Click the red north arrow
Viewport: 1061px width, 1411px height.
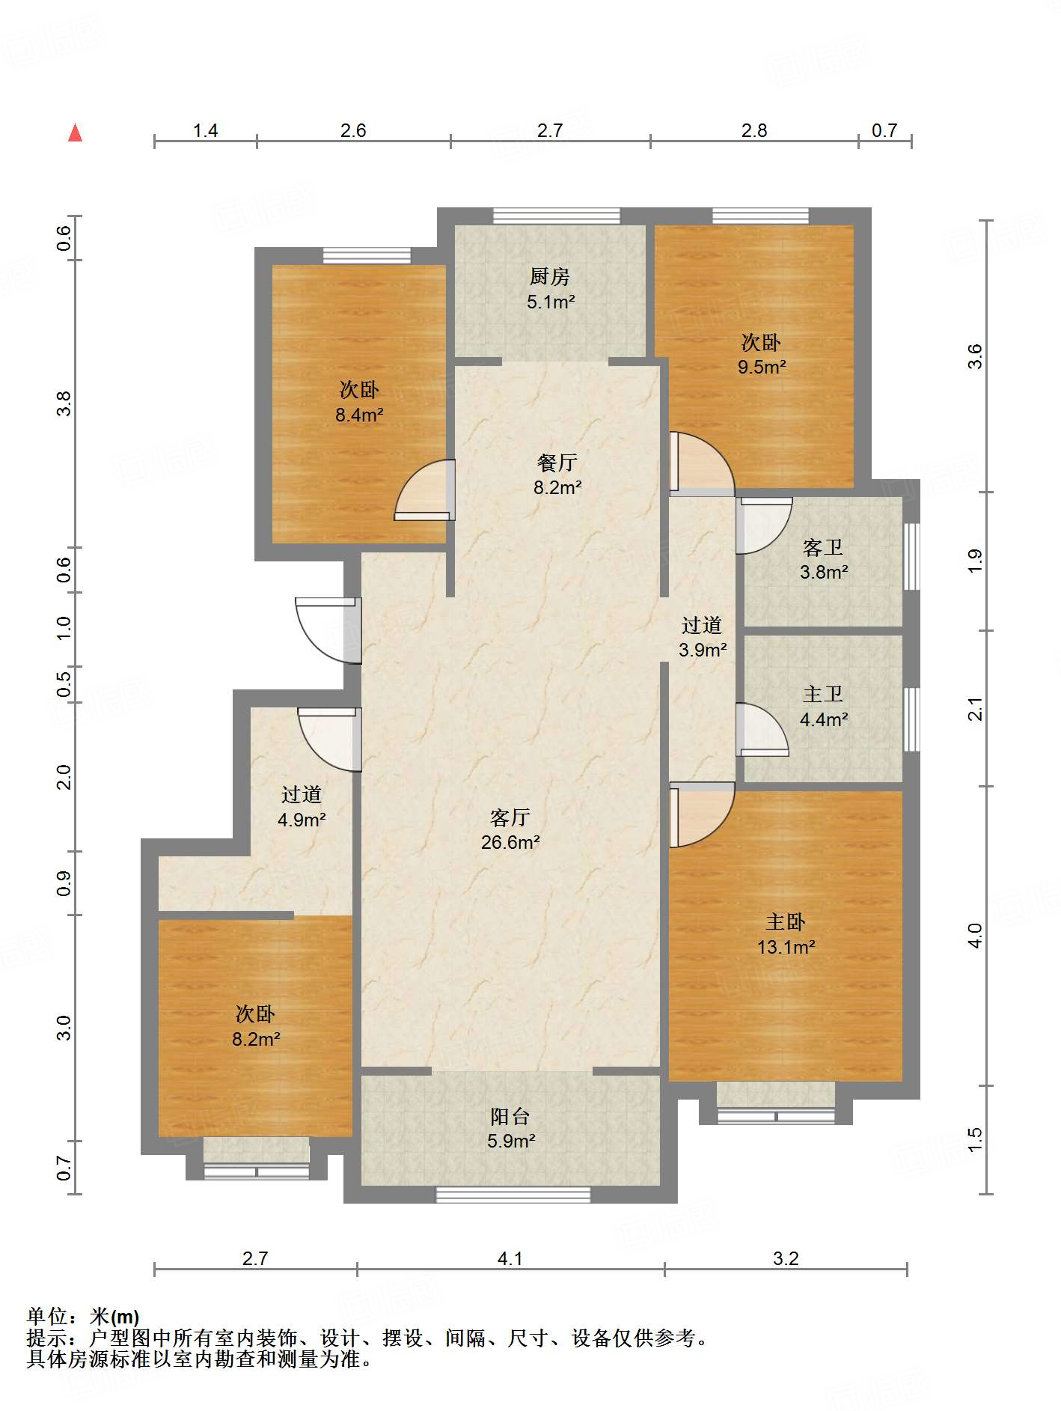75,132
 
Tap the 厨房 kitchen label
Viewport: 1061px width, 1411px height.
550,277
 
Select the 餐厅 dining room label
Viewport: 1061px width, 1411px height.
557,463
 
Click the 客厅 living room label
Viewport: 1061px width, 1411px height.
510,817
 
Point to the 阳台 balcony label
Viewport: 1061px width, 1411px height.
510,1117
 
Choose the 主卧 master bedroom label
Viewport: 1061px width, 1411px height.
786,922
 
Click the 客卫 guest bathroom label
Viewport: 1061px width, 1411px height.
823,548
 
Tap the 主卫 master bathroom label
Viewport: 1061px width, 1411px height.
823,695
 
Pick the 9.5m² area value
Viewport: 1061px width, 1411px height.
762,368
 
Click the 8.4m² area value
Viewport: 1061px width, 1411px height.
359,415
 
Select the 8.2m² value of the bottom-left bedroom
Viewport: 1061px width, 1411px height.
256,1039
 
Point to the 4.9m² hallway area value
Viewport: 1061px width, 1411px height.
302,820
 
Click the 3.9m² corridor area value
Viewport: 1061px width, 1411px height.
703,650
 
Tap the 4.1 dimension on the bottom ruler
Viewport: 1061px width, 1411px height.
510,1259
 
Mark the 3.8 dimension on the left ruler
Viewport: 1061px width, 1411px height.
64,404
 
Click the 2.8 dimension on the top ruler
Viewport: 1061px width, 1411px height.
754,131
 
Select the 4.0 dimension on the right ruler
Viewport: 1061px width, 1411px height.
975,936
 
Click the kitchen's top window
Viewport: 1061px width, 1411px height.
557,216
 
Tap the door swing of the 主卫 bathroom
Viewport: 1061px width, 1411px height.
762,730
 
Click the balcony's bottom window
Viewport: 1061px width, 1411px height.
513,1195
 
